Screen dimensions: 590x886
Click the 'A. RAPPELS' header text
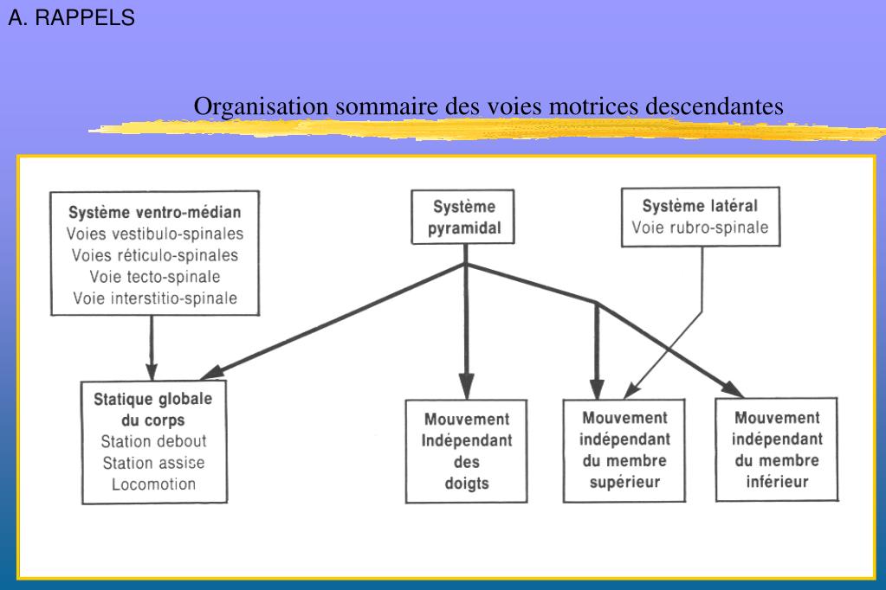click(x=72, y=18)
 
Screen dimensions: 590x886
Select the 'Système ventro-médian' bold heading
click(x=153, y=211)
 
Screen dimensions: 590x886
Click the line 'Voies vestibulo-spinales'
click(x=155, y=234)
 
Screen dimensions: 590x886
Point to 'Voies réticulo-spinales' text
click(x=155, y=255)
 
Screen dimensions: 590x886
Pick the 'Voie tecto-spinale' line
click(x=155, y=277)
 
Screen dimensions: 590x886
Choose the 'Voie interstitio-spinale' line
click(x=155, y=298)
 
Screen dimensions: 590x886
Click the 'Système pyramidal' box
click(x=465, y=217)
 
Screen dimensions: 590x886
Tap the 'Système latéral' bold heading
click(x=699, y=206)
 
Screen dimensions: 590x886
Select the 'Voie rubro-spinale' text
click(x=699, y=228)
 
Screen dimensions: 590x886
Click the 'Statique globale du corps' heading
click(x=153, y=410)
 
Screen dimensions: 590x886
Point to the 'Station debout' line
click(x=154, y=441)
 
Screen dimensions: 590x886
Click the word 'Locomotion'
click(x=154, y=484)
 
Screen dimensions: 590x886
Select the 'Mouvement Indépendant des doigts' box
click(x=468, y=451)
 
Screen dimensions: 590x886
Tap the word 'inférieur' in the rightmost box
click(x=777, y=480)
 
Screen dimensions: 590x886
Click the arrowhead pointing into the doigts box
click(x=467, y=385)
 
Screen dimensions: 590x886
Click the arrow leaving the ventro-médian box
click(x=152, y=346)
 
